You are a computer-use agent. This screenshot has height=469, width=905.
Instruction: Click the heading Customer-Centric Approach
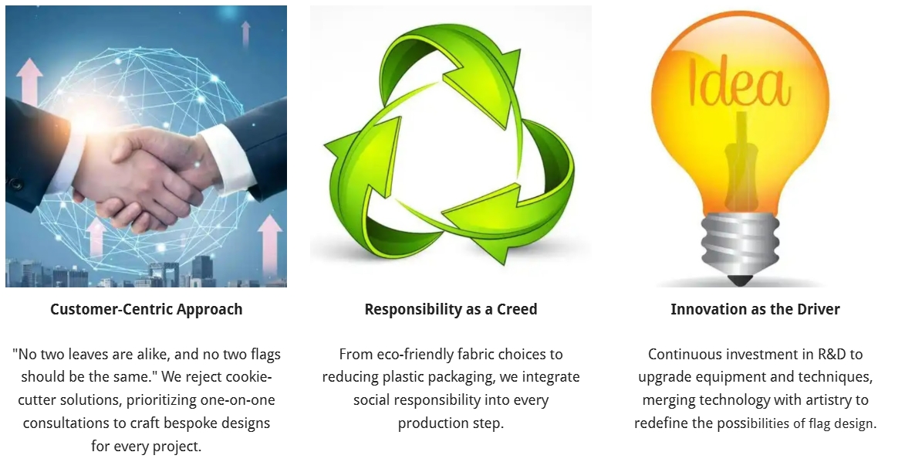pos(146,309)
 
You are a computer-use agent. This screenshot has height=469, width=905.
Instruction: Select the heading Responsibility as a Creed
pos(451,309)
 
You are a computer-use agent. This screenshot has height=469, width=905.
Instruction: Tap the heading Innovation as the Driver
pos(755,309)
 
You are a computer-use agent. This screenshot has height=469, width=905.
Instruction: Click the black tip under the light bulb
pos(740,280)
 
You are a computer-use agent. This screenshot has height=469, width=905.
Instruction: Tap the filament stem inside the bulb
pos(741,162)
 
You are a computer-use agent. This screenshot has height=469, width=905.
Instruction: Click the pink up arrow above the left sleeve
pos(29,81)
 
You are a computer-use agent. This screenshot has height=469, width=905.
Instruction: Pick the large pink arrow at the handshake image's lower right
pos(269,243)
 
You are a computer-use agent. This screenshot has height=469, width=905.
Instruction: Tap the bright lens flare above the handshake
pos(93,118)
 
